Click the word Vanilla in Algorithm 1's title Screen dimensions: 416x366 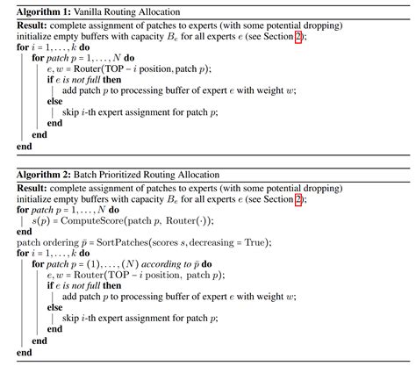88,12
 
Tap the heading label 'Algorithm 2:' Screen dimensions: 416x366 44,175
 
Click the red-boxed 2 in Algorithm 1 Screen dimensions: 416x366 298,37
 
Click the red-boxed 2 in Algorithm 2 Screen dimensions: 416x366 298,200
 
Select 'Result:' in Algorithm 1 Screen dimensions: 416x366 32,25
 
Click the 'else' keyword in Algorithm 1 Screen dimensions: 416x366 54,101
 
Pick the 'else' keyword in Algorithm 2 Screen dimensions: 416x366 54,307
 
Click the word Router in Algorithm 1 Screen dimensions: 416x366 87,69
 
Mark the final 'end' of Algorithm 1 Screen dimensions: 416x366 24,147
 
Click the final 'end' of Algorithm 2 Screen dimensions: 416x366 24,353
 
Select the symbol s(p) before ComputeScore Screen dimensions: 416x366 41,221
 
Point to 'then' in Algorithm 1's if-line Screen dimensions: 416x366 112,80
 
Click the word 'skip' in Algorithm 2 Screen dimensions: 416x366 70,319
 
